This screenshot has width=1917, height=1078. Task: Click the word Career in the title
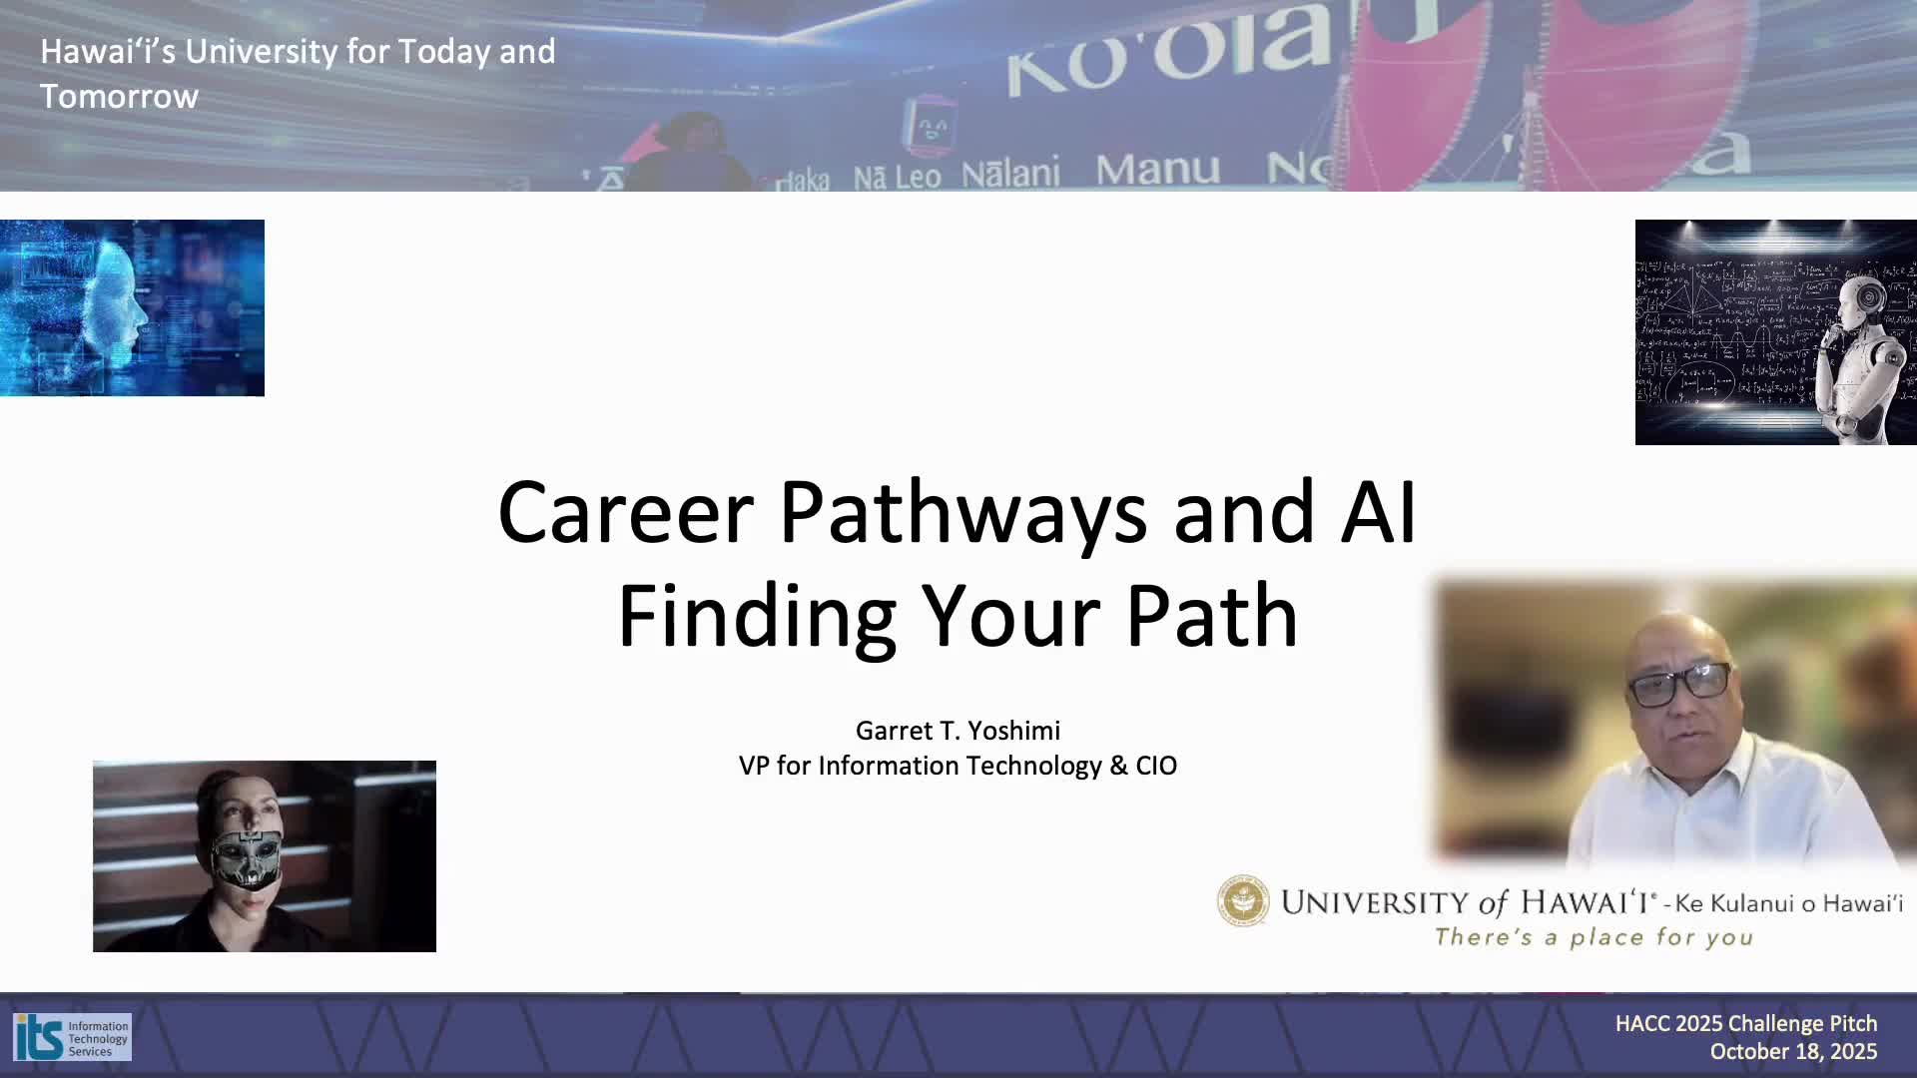pos(625,513)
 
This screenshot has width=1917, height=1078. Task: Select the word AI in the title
pos(1379,512)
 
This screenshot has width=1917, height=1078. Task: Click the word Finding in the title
pos(756,617)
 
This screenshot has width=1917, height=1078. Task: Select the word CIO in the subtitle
pos(1156,766)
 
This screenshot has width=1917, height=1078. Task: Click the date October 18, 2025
pos(1793,1051)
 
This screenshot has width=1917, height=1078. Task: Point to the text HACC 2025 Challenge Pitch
pos(1746,1023)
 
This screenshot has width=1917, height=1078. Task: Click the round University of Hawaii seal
pos(1243,901)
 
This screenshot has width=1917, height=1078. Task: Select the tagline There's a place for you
pos(1594,937)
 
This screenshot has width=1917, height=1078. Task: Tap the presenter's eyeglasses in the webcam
pos(1679,684)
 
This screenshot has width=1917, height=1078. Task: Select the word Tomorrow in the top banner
pos(119,97)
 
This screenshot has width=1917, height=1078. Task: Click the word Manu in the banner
pos(1157,170)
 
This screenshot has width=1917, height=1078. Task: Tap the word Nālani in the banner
pos(1009,174)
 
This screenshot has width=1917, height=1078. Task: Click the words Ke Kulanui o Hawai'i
pos(1789,903)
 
